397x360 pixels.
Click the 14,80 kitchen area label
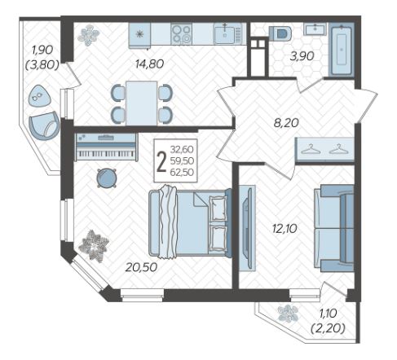[149, 64]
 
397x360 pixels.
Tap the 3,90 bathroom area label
[302, 56]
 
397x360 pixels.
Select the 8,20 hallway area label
[286, 123]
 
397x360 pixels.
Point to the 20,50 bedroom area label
[141, 267]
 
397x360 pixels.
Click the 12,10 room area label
[285, 229]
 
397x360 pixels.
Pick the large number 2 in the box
[161, 161]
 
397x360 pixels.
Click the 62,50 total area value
[182, 172]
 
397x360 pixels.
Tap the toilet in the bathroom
[280, 33]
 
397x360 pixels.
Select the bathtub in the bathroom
[341, 49]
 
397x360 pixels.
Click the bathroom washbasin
[315, 29]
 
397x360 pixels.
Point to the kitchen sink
[227, 33]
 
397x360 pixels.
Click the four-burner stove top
[182, 33]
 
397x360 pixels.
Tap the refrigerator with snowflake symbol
[139, 35]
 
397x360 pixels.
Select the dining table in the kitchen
[142, 103]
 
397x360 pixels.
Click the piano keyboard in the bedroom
[106, 147]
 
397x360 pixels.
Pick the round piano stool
[107, 178]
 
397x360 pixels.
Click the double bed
[190, 222]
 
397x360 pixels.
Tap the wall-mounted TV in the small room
[247, 228]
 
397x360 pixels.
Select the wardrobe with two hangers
[324, 150]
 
